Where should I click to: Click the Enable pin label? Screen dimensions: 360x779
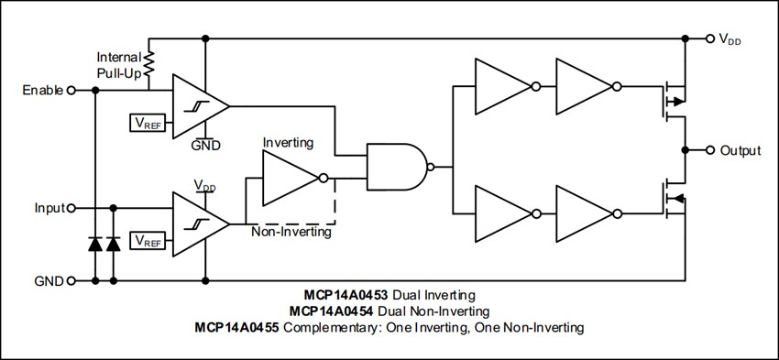click(x=43, y=91)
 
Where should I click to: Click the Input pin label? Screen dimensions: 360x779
click(x=49, y=208)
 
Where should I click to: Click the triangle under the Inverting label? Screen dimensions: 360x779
click(x=290, y=178)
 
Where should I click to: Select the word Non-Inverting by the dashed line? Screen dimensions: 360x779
click(x=291, y=232)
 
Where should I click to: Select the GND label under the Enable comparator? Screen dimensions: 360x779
click(x=205, y=145)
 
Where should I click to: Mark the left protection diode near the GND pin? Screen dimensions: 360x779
click(x=95, y=244)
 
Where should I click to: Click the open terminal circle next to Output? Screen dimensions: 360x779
click(x=709, y=150)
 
